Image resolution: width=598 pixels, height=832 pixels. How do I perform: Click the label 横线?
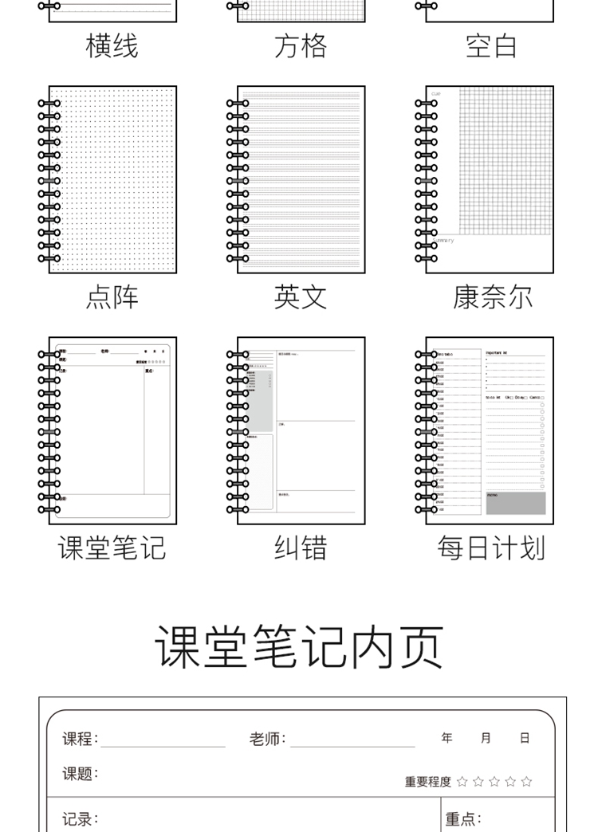(112, 46)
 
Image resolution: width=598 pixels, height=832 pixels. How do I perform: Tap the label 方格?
(301, 46)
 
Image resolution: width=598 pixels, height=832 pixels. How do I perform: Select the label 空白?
(491, 46)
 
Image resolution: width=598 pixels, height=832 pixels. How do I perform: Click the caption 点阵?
(112, 297)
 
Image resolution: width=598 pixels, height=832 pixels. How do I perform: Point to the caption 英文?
(301, 297)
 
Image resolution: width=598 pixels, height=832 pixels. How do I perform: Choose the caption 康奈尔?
(492, 297)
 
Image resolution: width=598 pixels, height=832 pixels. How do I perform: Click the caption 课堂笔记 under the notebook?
(112, 548)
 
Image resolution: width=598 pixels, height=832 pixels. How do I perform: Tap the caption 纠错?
(301, 548)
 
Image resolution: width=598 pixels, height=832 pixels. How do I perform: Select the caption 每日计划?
(491, 548)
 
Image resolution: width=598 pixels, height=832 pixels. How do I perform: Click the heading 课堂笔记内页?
(299, 646)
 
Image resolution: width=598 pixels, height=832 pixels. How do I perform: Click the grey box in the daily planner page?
(516, 503)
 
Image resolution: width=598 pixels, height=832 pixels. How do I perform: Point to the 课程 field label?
(81, 739)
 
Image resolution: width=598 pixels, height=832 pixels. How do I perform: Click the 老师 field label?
(267, 739)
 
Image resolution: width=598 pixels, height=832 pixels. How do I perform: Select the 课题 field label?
(81, 774)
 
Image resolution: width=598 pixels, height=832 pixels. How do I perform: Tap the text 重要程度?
(427, 782)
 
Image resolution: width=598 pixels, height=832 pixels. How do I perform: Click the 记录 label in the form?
(81, 819)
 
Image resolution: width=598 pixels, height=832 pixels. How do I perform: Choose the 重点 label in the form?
(463, 819)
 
